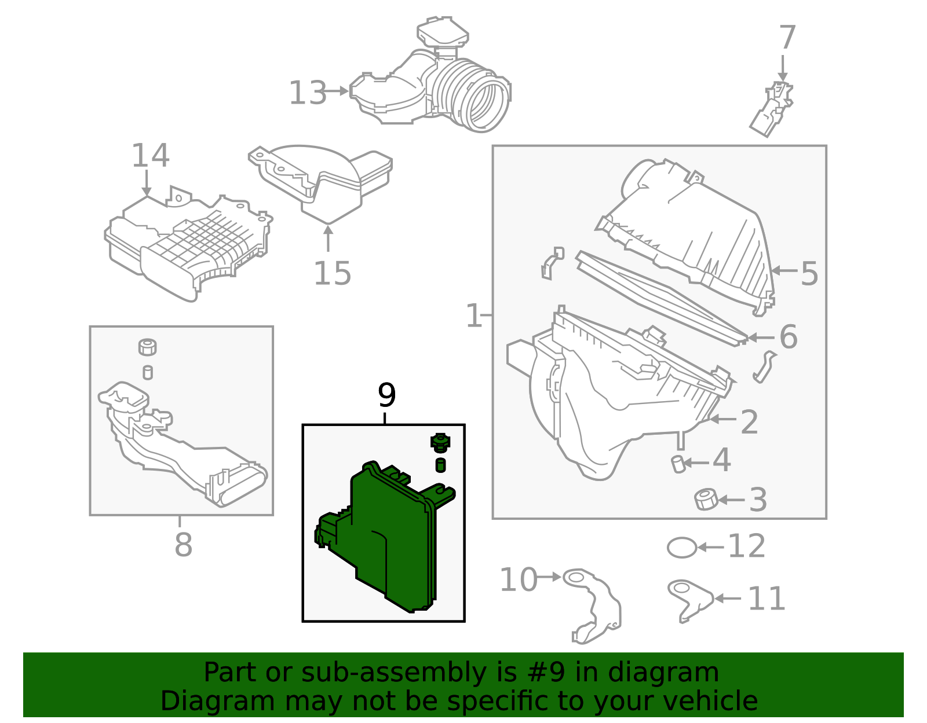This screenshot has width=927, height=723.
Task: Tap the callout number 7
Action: tap(787, 39)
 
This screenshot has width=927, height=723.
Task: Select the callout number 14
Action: tap(150, 156)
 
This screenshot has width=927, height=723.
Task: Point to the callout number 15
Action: tap(333, 274)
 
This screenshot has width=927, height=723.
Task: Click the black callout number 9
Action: tap(386, 396)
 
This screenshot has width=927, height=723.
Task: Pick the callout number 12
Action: tap(747, 546)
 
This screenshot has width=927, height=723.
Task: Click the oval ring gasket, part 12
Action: tap(682, 547)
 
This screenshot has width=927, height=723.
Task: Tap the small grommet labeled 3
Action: tap(706, 500)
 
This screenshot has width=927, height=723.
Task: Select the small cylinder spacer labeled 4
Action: tap(678, 464)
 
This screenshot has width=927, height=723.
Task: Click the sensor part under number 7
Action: tap(773, 110)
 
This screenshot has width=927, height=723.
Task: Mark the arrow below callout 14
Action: tap(147, 184)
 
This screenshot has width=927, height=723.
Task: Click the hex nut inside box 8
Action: tap(148, 347)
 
